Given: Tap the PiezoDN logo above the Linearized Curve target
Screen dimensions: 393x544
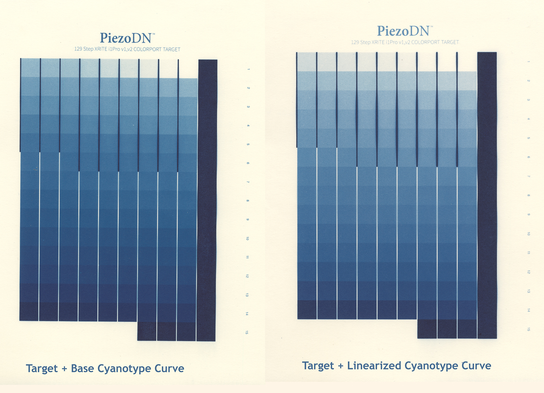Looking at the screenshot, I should click(404, 31).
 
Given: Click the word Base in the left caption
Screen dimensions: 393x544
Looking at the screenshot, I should click(83, 369).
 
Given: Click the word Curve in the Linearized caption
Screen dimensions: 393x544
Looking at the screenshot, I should click(476, 366).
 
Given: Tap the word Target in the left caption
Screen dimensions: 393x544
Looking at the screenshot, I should click(42, 369).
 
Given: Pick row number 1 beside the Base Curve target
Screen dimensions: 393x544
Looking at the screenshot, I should click(248, 69).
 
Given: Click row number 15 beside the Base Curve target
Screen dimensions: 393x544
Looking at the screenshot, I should click(246, 332).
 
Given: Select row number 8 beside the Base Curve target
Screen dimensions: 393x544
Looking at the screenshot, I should click(248, 201).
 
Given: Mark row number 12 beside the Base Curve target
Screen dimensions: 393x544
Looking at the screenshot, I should click(247, 276).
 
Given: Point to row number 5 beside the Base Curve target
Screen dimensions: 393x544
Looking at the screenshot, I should click(248, 144).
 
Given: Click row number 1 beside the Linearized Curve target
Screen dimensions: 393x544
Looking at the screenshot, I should click(529, 62).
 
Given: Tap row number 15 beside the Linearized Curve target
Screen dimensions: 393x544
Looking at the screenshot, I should click(529, 329).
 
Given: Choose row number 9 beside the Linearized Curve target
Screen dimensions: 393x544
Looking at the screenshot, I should click(529, 215).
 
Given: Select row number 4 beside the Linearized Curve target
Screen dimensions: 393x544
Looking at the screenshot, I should click(529, 119).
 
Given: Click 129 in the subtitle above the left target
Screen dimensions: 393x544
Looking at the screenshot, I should click(78, 49).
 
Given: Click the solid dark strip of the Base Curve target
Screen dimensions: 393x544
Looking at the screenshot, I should click(207, 200).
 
